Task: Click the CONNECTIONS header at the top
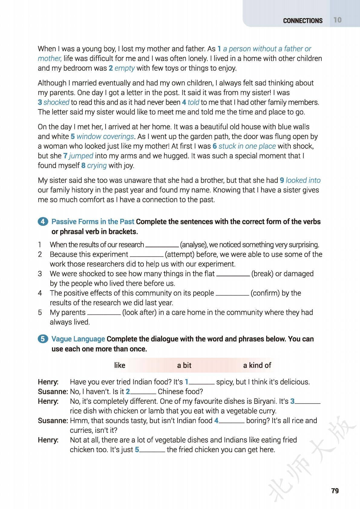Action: coord(303,21)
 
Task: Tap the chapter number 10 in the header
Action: coord(338,20)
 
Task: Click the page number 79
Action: coord(335,491)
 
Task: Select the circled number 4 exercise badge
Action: coord(43,222)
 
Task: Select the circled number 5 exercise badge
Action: coord(43,339)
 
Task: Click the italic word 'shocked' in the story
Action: coord(56,102)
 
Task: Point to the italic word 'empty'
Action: coord(124,68)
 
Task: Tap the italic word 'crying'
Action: coord(97,165)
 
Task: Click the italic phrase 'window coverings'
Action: coord(105,136)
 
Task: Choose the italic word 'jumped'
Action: coord(81,156)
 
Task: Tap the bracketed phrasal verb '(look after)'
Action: coord(139,312)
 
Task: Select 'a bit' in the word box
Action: coord(184,365)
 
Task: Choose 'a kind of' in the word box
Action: coord(257,365)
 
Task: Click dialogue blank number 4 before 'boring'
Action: coord(232,421)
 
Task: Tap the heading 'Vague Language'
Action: coord(78,339)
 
